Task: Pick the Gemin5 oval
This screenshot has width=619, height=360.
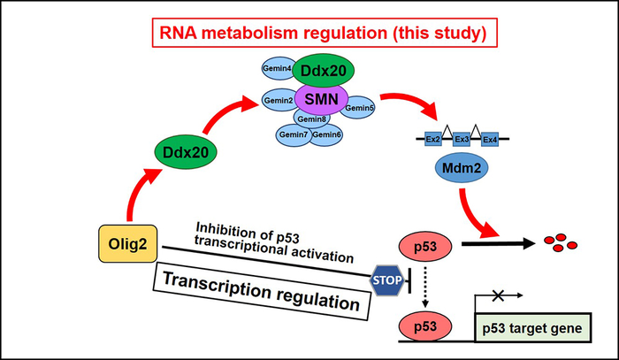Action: [x=360, y=107]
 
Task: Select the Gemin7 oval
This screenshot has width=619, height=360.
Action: [x=293, y=134]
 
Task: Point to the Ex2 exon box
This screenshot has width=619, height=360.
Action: [x=432, y=140]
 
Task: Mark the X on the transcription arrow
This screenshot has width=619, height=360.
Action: [x=499, y=293]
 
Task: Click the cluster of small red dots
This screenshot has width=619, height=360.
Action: [x=562, y=241]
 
